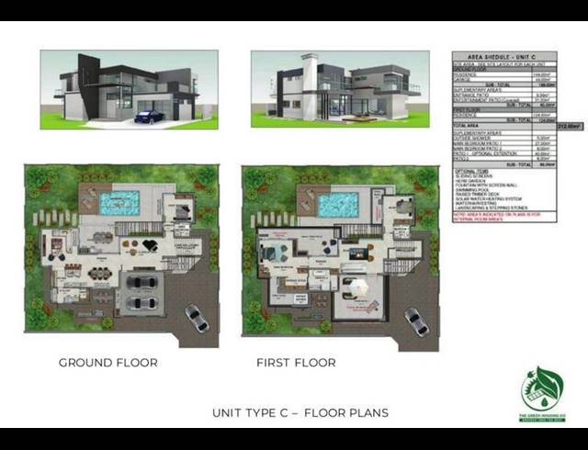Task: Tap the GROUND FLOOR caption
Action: pos(108,363)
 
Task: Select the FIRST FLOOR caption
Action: pos(296,363)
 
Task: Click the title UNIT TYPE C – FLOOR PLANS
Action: pos(300,412)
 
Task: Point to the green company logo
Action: pos(541,393)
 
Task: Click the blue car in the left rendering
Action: pos(149,117)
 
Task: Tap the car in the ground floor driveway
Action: pos(197,318)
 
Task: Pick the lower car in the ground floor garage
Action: pos(141,300)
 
